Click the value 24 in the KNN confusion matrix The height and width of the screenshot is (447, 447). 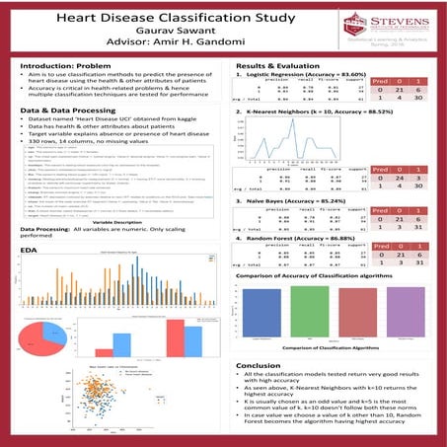[x=406, y=176]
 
